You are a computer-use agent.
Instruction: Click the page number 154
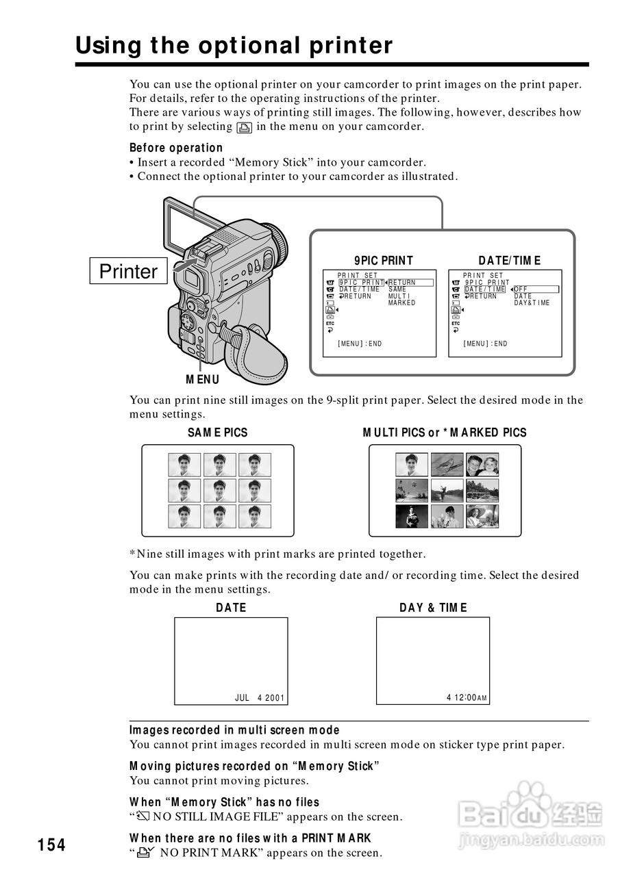(52, 845)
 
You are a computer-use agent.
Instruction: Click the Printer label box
(128, 272)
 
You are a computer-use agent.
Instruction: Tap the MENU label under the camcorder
(203, 380)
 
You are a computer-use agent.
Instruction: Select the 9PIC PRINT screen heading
(384, 260)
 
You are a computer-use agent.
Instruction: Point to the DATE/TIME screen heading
(510, 260)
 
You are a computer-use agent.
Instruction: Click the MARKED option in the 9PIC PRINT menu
(402, 303)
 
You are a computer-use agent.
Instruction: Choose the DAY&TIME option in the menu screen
(532, 303)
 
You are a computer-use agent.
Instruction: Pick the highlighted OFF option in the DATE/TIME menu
(521, 289)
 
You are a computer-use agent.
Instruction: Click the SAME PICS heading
(218, 433)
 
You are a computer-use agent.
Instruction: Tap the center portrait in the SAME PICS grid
(219, 491)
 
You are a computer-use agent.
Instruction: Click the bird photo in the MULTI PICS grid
(447, 465)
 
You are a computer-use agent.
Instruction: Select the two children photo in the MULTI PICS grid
(483, 465)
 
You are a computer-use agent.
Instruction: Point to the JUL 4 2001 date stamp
(260, 698)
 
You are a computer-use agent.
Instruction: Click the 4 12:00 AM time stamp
(467, 698)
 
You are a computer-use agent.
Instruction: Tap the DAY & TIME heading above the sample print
(434, 608)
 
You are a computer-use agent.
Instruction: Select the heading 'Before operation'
(176, 148)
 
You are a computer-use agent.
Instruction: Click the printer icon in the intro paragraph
(245, 127)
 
